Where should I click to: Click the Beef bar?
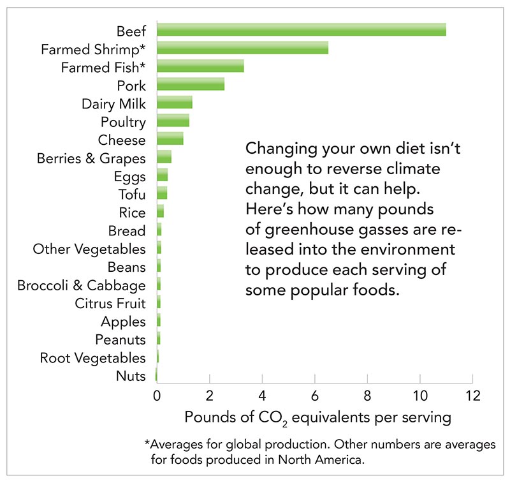pyautogui.click(x=301, y=29)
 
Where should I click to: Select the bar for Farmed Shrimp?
pyautogui.click(x=242, y=48)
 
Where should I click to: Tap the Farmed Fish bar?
pyautogui.click(x=200, y=66)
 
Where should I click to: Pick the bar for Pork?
pyautogui.click(x=191, y=84)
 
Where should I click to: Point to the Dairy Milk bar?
pyautogui.click(x=174, y=103)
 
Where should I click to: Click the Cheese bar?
pyautogui.click(x=170, y=139)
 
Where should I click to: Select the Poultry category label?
pyautogui.click(x=123, y=122)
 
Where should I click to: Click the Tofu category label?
pyautogui.click(x=132, y=195)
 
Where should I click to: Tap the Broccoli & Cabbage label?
pyautogui.click(x=81, y=285)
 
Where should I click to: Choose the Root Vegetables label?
pyautogui.click(x=92, y=358)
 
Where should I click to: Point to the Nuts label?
pyautogui.click(x=131, y=376)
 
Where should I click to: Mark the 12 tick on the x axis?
pyautogui.click(x=472, y=396)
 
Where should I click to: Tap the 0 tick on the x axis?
pyautogui.click(x=157, y=396)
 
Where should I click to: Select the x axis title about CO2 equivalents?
pyautogui.click(x=317, y=418)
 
